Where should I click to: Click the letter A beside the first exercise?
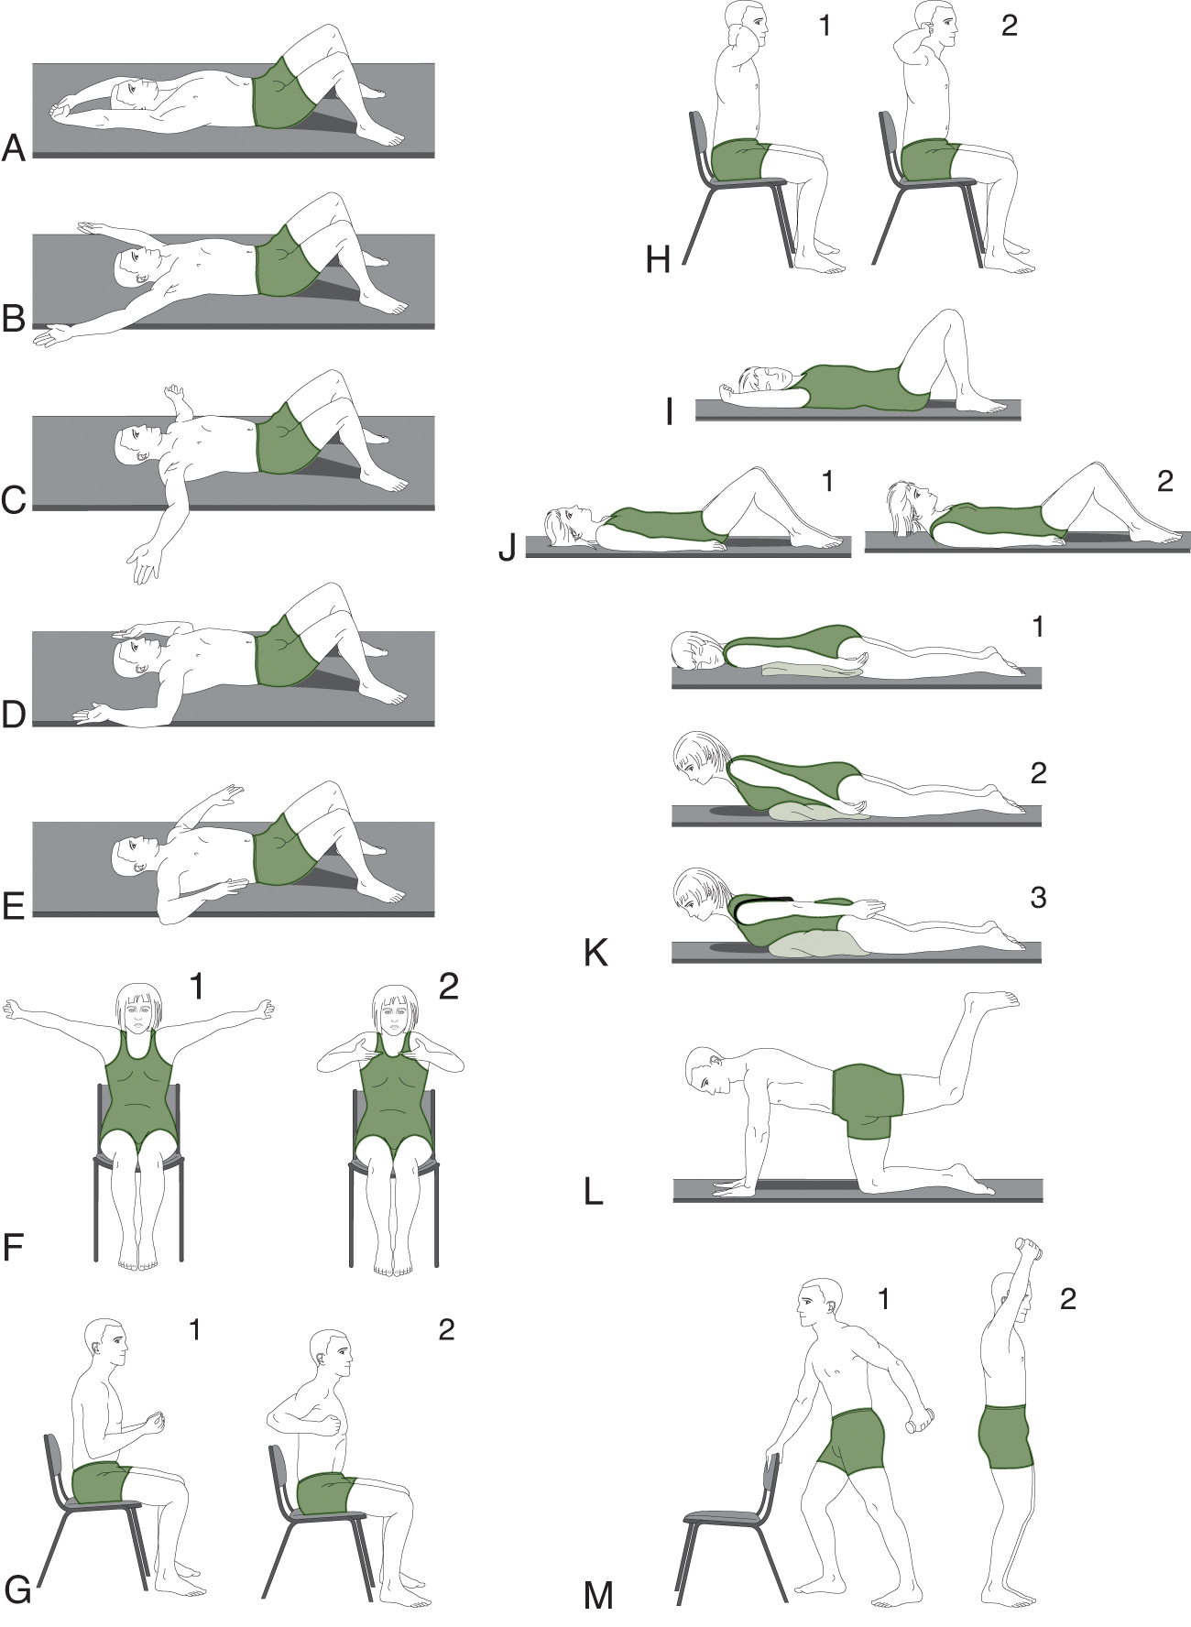coord(14,147)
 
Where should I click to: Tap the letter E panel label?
coord(13,905)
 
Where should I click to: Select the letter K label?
coord(595,953)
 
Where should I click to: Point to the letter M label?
coord(598,1596)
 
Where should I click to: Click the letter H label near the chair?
coord(658,260)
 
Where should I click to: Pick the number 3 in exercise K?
coord(1038,898)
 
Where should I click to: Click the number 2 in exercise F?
coord(448,986)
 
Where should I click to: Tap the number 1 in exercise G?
coord(194,1329)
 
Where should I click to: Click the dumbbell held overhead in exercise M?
coord(1029,1250)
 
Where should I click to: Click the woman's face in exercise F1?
coord(137,1015)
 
